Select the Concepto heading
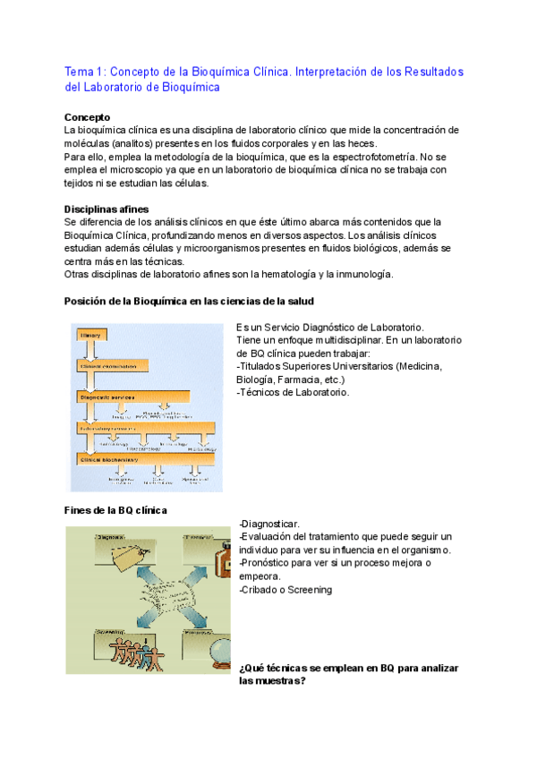[88, 117]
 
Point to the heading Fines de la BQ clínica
[116, 510]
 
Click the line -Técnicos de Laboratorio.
[293, 392]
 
